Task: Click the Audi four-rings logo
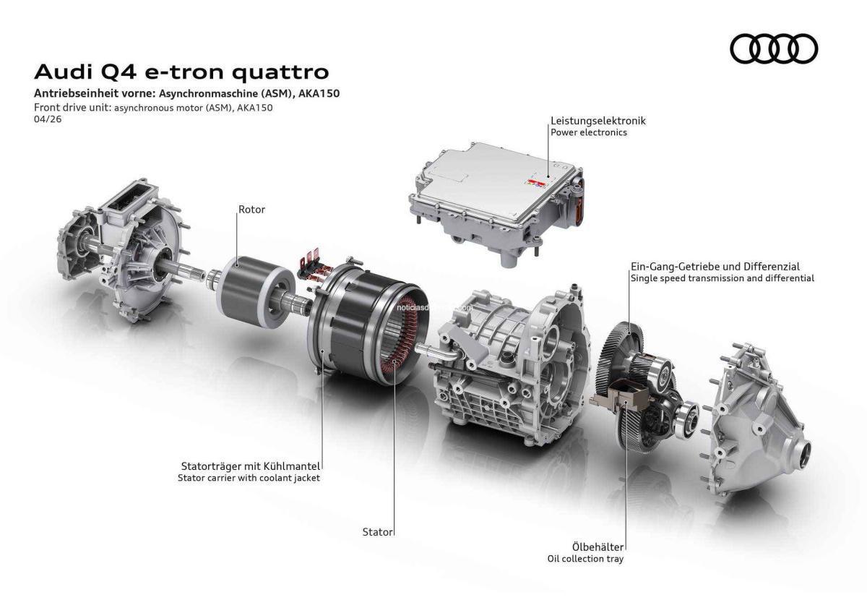click(774, 48)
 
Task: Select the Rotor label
click(251, 210)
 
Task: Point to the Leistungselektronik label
click(598, 121)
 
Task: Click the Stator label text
click(377, 532)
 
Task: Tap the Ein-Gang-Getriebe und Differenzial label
click(715, 266)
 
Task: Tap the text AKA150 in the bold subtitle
click(321, 95)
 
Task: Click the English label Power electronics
click(588, 133)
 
